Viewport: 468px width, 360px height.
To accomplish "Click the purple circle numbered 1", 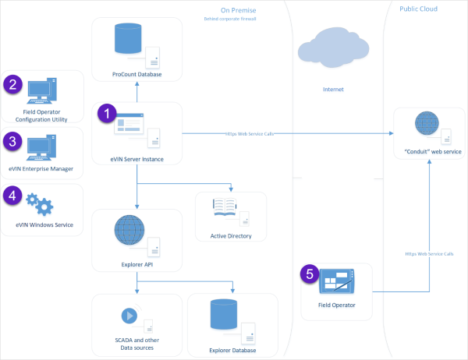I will click(105, 113).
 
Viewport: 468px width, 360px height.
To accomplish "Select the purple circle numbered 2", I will click(12, 85).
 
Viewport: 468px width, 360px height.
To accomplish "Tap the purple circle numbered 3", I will click(12, 141).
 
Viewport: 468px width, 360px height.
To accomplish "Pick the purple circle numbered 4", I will click(12, 194).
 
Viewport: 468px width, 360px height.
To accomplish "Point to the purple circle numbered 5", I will click(310, 274).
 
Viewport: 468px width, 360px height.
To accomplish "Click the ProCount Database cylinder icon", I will click(127, 40).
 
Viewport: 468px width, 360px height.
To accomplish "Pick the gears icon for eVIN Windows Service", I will click(39, 205).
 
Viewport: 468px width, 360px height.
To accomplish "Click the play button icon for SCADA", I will click(126, 316).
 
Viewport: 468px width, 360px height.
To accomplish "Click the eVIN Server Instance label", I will click(137, 159).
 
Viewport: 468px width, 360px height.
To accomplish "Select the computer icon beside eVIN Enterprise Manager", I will click(42, 147).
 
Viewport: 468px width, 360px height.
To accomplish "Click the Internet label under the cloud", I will click(333, 90).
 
